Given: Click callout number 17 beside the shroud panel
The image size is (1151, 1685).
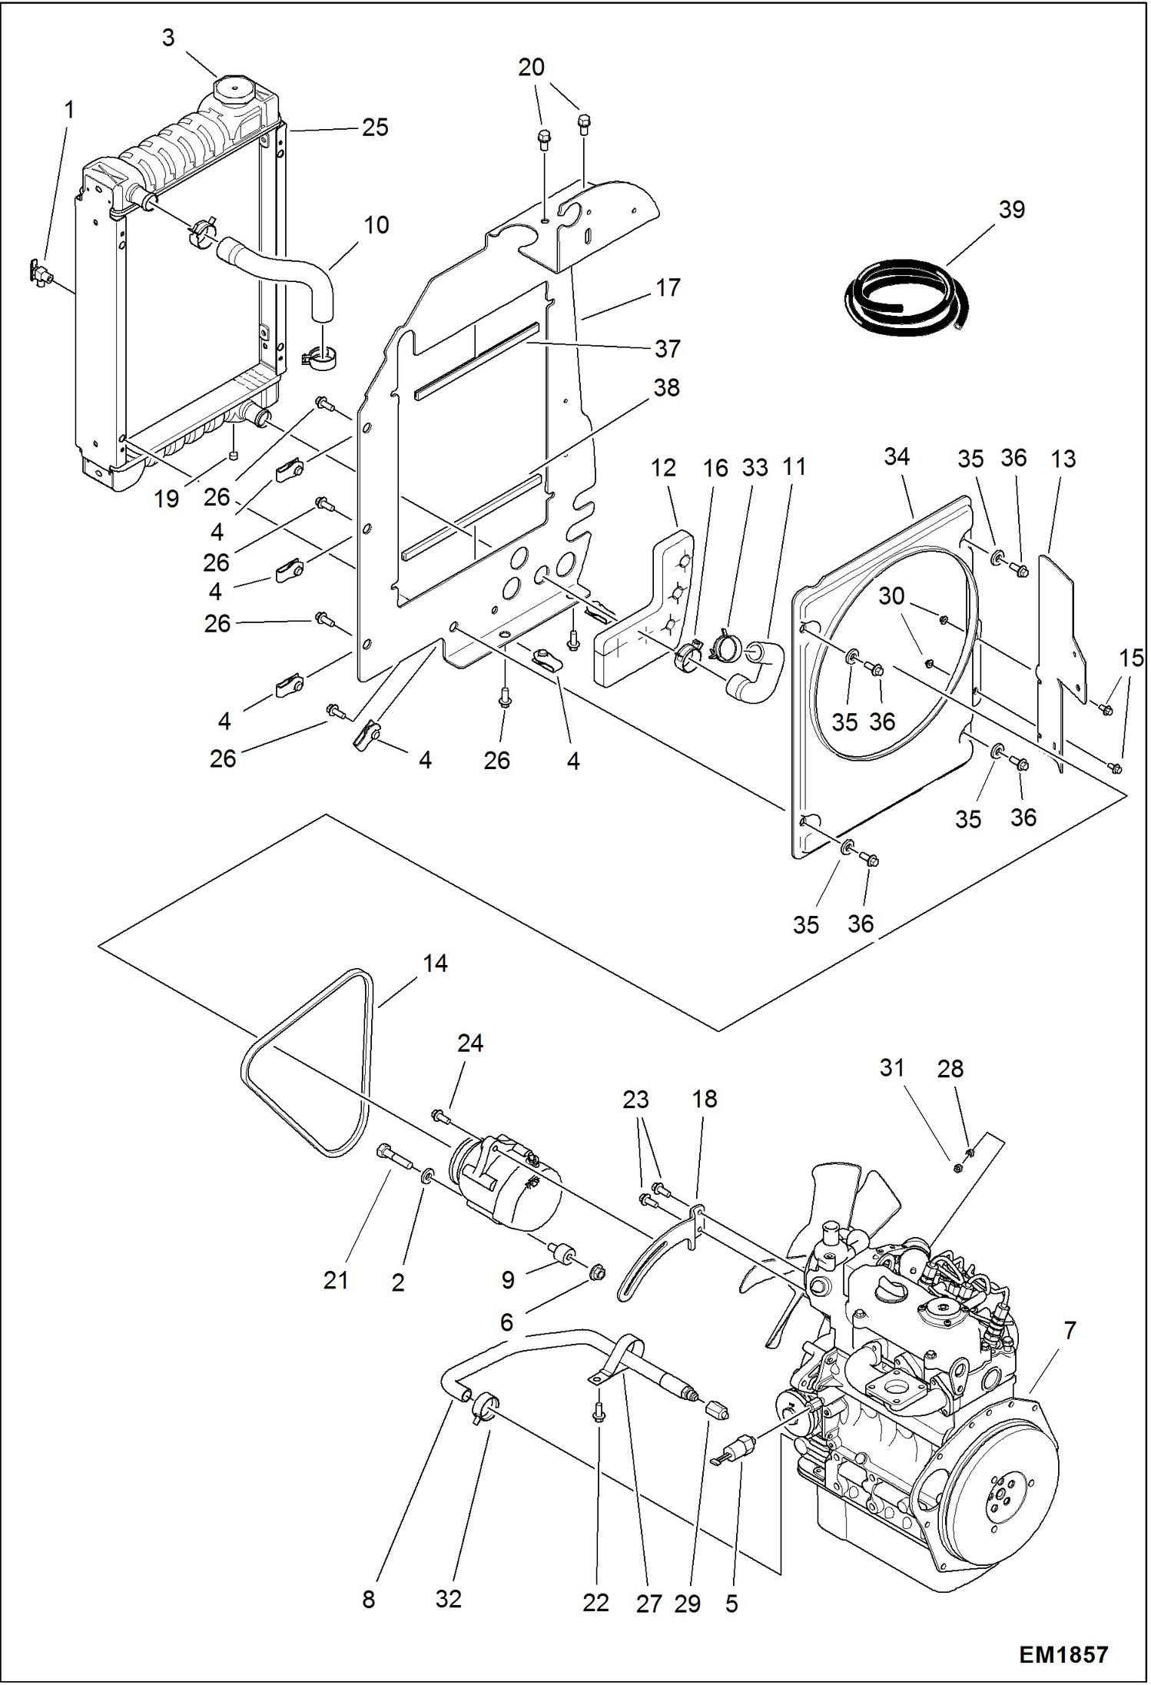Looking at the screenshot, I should (x=668, y=287).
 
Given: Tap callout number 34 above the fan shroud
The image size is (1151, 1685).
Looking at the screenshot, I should (x=896, y=456).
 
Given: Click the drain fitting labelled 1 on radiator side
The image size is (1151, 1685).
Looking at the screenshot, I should (x=40, y=272).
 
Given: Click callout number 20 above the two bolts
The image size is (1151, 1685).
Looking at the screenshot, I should (x=531, y=68).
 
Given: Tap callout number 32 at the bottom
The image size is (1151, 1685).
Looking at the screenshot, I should (x=448, y=1599).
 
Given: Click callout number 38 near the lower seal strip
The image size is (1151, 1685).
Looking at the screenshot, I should (x=666, y=388).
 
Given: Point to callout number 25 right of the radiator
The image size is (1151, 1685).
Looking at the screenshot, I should (x=375, y=128).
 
